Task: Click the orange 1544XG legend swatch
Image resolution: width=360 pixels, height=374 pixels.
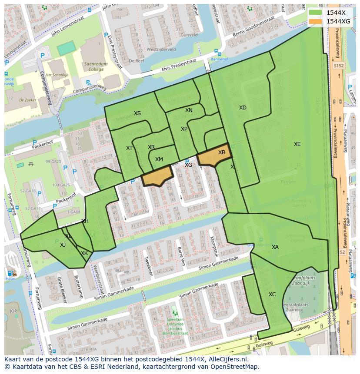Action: click(316, 21)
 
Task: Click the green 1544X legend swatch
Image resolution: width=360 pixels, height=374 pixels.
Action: click(316, 13)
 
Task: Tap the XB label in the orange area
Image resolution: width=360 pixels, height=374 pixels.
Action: click(222, 152)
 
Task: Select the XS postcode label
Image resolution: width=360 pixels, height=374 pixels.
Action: click(137, 113)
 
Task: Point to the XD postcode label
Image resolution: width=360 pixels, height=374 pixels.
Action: click(243, 108)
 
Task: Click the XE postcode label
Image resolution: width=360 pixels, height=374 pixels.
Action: click(297, 144)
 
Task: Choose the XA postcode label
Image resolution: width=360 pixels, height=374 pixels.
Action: click(275, 247)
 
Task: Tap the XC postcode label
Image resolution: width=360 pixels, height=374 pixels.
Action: click(272, 295)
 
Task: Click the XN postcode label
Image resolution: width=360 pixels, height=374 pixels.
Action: click(189, 110)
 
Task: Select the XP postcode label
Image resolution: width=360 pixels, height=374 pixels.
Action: click(184, 129)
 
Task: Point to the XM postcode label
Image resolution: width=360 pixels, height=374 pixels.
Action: click(159, 159)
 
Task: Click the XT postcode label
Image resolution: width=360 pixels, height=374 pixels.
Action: click(129, 148)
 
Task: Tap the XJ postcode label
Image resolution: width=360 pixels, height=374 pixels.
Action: click(63, 245)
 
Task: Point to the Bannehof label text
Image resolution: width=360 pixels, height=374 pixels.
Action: click(219, 59)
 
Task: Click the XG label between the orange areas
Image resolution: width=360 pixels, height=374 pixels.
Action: click(188, 165)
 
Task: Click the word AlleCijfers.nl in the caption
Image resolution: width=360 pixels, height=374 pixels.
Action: click(227, 360)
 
